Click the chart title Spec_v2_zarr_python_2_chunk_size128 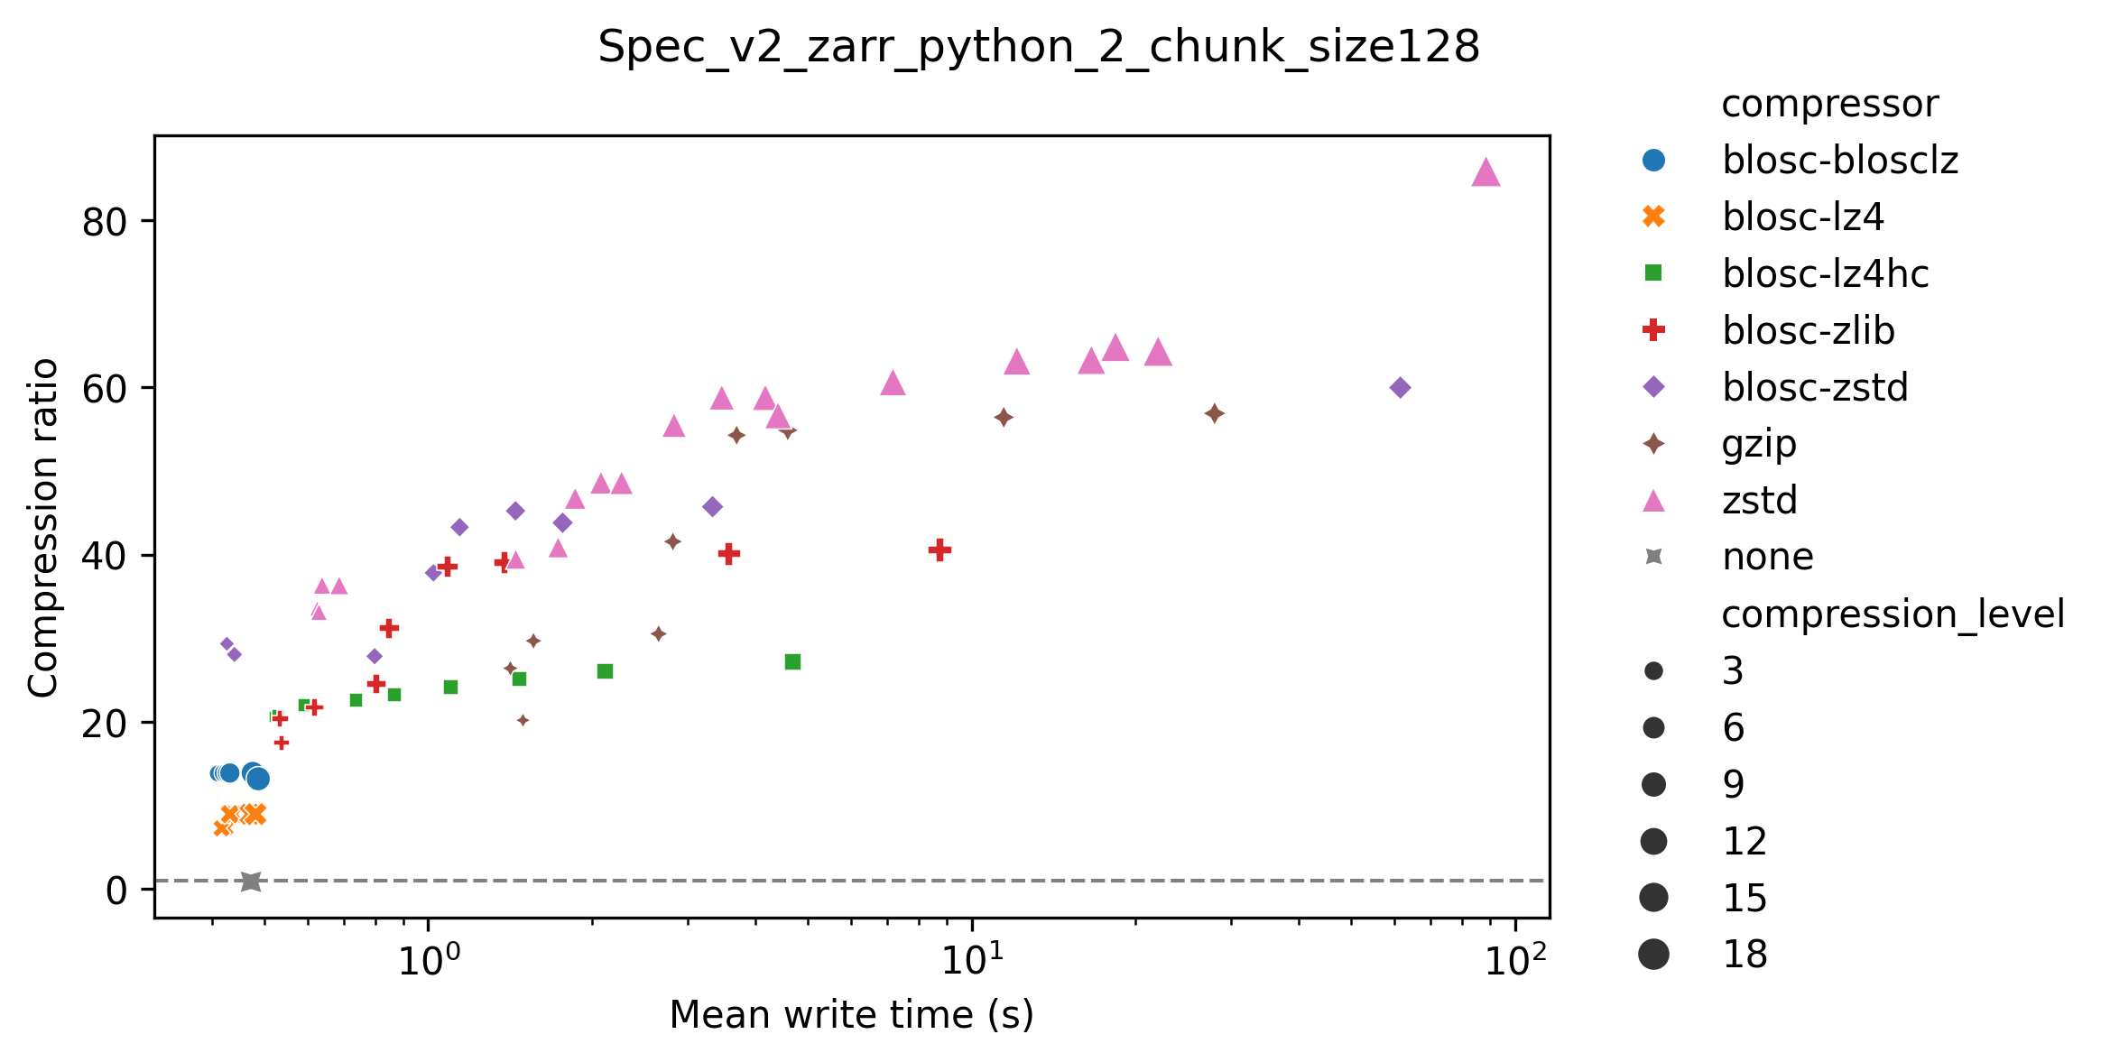[x=1039, y=47]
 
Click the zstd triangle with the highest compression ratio [x=1486, y=172]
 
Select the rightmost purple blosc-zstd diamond [x=1400, y=388]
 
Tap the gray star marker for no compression [x=251, y=882]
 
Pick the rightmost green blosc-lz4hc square [x=792, y=662]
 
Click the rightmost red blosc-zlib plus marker [x=939, y=549]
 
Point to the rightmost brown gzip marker [x=1214, y=413]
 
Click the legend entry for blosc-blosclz [x=1839, y=161]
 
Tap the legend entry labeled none [x=1767, y=557]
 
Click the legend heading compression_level [x=1893, y=614]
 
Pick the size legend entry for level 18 [x=1744, y=954]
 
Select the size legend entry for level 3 [x=1732, y=671]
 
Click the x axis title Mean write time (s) [x=851, y=1015]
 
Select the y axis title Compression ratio [x=43, y=528]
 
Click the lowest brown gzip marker [x=523, y=720]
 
